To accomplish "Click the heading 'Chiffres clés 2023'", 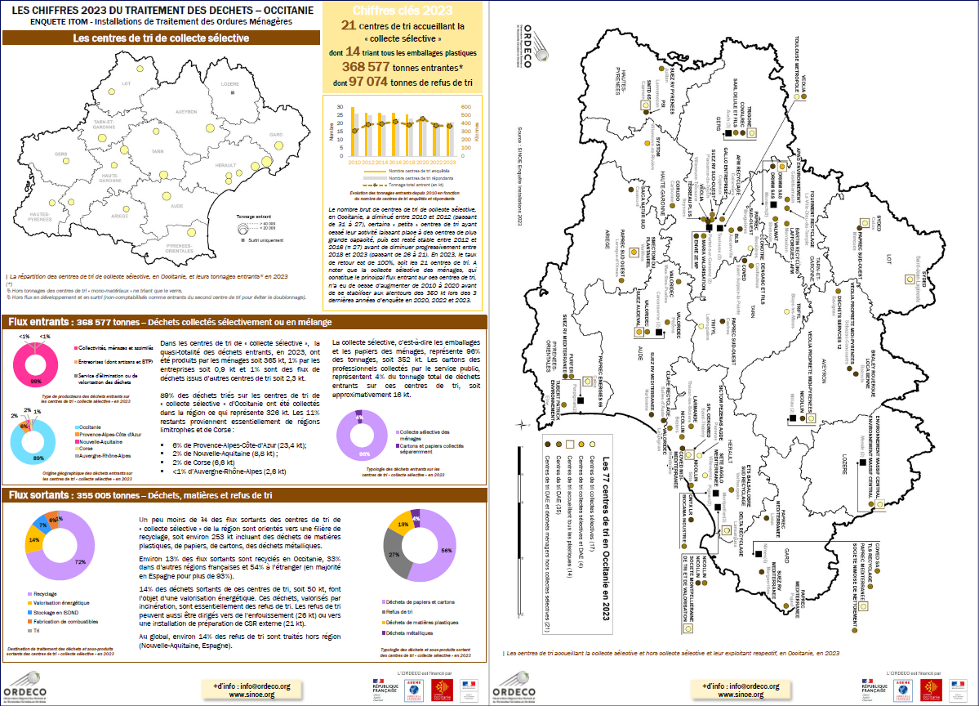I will click(x=403, y=11).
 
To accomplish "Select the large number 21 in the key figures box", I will click(x=348, y=26).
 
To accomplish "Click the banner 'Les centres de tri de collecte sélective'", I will click(x=161, y=38).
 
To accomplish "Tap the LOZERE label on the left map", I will click(x=229, y=84).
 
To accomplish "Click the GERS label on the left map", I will click(x=60, y=154).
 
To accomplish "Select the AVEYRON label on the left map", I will click(x=186, y=112).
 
